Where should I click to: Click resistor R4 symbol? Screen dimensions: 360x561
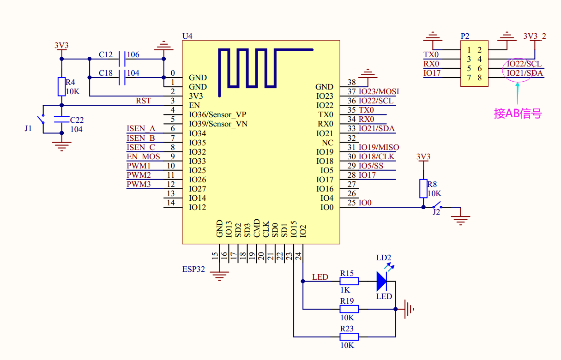click(61, 87)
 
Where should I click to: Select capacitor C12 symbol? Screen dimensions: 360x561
click(122, 59)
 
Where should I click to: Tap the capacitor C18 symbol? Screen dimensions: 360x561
click(122, 78)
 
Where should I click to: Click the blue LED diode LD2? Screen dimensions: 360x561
click(381, 281)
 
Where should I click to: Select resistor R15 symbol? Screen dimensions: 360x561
click(349, 281)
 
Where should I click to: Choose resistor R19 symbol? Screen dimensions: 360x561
click(349, 309)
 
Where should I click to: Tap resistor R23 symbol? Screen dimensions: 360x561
click(349, 336)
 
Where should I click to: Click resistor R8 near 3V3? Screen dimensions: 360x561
click(423, 188)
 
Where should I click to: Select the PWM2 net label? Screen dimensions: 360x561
click(139, 175)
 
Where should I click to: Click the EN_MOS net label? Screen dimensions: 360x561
click(143, 156)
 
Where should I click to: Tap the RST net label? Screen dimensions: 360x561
click(143, 101)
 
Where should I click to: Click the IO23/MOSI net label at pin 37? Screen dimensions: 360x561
click(379, 91)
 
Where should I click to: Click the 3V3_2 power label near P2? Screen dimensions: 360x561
click(535, 36)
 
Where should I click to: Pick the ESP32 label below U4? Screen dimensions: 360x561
click(193, 269)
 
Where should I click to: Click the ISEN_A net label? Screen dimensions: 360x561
click(141, 128)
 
